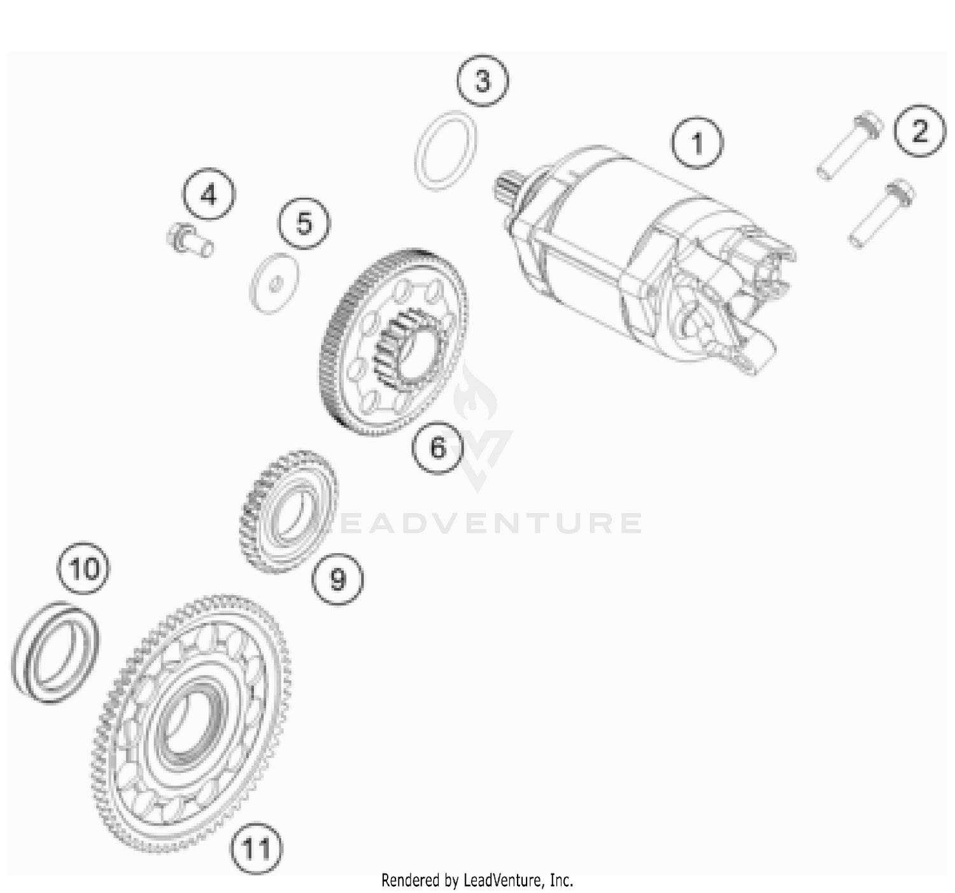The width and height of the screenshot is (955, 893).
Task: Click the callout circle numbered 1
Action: point(698,143)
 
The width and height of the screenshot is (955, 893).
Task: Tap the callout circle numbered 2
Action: point(919,131)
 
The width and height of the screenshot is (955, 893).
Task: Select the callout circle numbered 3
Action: point(483,81)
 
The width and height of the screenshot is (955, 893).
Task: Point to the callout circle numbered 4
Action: point(209,194)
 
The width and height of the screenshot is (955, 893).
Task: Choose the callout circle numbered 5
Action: point(304,223)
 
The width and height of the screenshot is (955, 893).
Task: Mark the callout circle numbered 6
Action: point(437,447)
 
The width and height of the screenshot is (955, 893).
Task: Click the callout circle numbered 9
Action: point(337,579)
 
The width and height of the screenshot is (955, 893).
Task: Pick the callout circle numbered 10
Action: point(84,568)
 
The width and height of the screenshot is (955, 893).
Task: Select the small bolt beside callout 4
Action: point(189,241)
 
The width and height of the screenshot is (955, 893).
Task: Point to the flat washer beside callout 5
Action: point(274,284)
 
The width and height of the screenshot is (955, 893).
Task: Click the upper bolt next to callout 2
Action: point(849,146)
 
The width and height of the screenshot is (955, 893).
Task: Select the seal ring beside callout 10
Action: point(56,652)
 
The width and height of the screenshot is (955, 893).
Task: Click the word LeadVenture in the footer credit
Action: point(504,880)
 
